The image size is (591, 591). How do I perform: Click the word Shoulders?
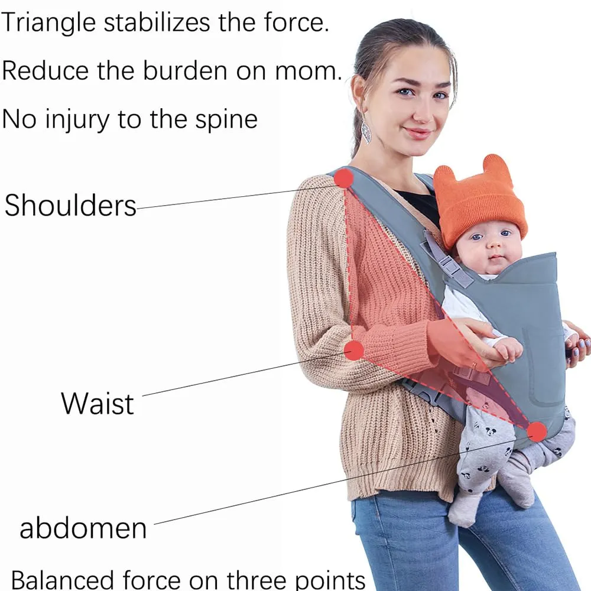click(70, 206)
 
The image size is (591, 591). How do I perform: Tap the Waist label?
click(98, 403)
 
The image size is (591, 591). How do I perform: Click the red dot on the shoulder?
click(343, 178)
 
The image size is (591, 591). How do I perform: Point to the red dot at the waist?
click(354, 350)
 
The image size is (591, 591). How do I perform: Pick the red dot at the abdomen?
click(537, 431)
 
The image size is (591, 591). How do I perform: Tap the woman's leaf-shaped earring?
click(366, 132)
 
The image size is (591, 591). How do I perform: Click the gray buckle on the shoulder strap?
click(449, 264)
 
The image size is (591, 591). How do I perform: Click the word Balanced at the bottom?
click(62, 580)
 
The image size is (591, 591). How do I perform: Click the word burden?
click(185, 70)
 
